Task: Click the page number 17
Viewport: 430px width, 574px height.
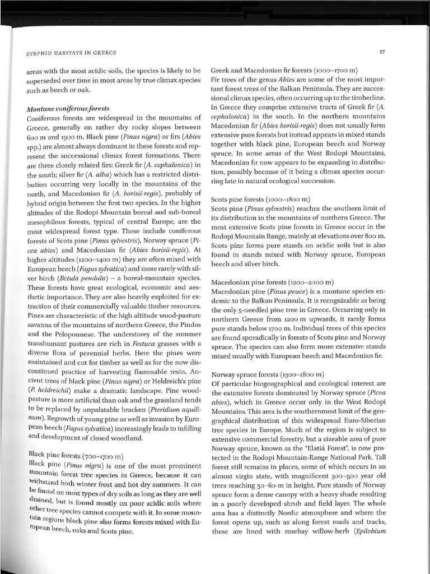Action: click(x=382, y=53)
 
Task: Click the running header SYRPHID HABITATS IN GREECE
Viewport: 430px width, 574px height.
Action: click(x=72, y=53)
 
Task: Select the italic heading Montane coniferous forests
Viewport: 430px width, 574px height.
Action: click(x=68, y=108)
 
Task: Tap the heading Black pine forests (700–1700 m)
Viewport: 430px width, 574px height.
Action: click(x=76, y=455)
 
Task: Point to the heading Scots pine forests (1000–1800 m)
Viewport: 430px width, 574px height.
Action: click(x=260, y=198)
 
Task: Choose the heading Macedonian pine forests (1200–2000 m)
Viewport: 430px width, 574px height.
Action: click(x=272, y=281)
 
